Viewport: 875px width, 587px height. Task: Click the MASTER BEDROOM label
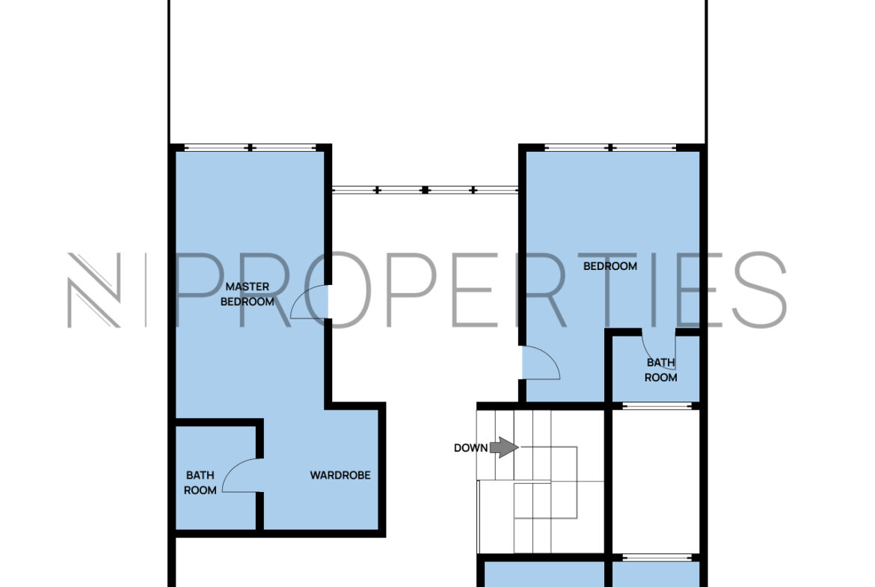248,294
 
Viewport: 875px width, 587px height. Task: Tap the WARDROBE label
340,476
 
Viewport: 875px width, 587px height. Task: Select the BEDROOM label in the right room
610,266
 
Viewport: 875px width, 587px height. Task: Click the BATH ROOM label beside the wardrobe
200,482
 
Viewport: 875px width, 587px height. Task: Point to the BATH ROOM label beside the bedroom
660,370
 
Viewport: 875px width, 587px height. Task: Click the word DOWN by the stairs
470,447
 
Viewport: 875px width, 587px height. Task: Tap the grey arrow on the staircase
504,447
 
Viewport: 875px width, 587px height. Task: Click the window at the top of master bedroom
250,148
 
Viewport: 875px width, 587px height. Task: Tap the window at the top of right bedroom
611,148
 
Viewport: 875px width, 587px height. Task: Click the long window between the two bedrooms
426,190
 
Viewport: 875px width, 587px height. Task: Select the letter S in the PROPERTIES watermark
760,289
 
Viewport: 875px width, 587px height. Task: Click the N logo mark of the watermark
93,289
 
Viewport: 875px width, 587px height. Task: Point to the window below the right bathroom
657,405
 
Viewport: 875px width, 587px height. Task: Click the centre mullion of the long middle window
426,190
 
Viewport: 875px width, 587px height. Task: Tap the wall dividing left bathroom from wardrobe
260,474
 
